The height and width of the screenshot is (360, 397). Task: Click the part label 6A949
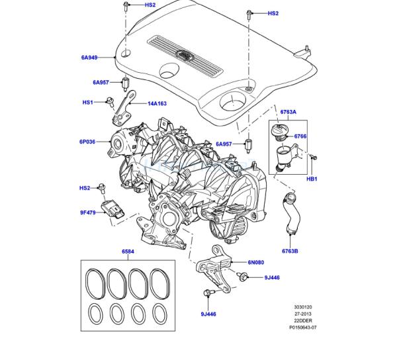[x=89, y=58]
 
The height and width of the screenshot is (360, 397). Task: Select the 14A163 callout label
[x=157, y=103]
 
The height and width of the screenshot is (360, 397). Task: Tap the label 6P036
[x=87, y=142]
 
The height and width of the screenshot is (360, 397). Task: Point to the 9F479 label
[x=88, y=212]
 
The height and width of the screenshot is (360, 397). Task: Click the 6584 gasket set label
[x=128, y=251]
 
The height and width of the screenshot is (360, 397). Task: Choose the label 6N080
[x=255, y=262]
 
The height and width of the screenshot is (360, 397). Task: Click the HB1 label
[x=312, y=179]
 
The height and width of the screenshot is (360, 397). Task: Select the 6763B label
[x=290, y=251]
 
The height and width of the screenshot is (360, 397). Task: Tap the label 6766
[x=300, y=136]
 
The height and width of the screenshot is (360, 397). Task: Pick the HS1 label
[x=87, y=103]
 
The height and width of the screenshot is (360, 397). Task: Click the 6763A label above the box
[x=288, y=112]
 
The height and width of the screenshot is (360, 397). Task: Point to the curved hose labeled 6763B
[x=292, y=213]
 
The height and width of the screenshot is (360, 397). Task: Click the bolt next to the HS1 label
[x=110, y=102]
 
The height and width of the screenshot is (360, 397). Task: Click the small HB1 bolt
[x=314, y=157]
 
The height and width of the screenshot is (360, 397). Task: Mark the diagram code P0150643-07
[x=303, y=327]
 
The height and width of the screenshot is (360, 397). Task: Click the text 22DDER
[x=303, y=320]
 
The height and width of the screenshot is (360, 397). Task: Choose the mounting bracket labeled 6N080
[x=214, y=269]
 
